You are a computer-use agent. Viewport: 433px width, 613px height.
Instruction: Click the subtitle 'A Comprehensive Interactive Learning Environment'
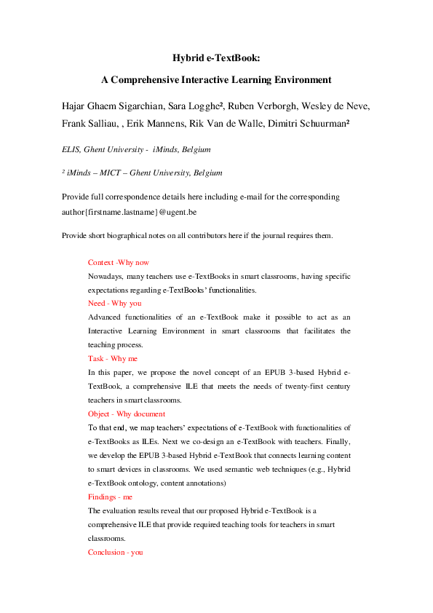click(215, 79)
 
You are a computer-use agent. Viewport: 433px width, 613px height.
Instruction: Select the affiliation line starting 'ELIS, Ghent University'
click(135, 149)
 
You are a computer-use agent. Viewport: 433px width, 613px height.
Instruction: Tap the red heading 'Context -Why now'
click(118, 262)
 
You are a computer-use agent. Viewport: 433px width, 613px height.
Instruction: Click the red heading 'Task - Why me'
click(112, 358)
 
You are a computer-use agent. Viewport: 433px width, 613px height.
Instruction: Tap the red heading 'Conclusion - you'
click(115, 553)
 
